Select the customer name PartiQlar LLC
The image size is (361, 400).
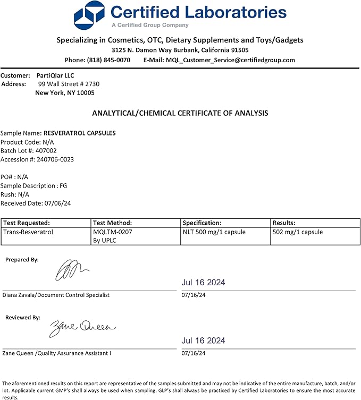pyautogui.click(x=55, y=75)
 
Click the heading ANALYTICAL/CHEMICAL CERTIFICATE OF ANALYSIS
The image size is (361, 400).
pyautogui.click(x=180, y=113)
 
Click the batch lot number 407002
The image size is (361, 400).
pyautogui.click(x=53, y=151)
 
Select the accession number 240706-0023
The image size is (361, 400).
pyautogui.click(x=52, y=159)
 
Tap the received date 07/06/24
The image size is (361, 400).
pyautogui.click(x=60, y=203)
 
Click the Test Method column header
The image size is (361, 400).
pyautogui.click(x=112, y=223)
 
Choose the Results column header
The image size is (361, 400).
pyautogui.click(x=283, y=223)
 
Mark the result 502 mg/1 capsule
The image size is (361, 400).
pyautogui.click(x=297, y=232)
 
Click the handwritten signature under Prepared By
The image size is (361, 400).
pyautogui.click(x=72, y=270)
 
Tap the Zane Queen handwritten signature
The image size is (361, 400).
pyautogui.click(x=82, y=328)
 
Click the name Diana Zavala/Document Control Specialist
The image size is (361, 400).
pyautogui.click(x=56, y=295)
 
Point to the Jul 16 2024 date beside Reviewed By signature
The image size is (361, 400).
pyautogui.click(x=203, y=341)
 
